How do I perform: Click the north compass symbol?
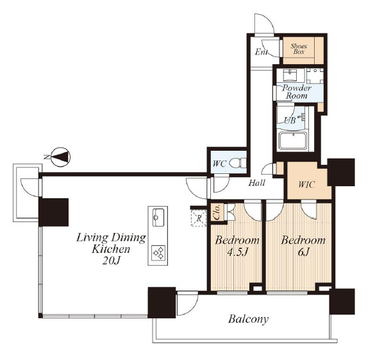(61, 157)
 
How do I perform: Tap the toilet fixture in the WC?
(238, 163)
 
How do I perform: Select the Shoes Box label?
(299, 49)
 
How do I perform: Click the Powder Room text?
(297, 92)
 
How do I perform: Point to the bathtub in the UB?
(294, 141)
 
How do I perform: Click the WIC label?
(306, 185)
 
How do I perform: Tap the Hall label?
(256, 183)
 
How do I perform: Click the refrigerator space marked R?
(199, 218)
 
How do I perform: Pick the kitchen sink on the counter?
(158, 217)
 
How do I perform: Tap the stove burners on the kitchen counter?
(158, 253)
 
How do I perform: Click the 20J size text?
(111, 261)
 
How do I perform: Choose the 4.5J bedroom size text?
(237, 252)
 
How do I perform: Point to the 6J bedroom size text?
(304, 252)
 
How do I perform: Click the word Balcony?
(248, 320)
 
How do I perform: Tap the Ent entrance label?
(261, 52)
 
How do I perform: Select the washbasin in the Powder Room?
(290, 75)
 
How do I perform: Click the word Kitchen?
(111, 250)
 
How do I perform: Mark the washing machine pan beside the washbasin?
(315, 76)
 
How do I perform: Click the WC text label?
(219, 164)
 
